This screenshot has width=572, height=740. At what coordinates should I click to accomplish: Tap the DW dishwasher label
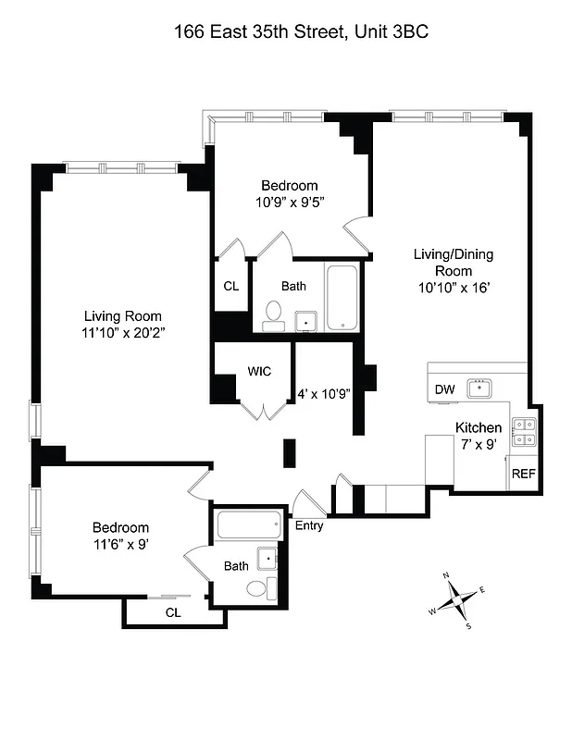point(444,389)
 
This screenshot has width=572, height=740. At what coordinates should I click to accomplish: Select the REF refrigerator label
point(523,474)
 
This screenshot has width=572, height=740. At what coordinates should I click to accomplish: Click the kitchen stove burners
point(523,433)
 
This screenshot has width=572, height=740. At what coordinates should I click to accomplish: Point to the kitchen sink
point(480,388)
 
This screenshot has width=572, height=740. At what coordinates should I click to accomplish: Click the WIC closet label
point(258,372)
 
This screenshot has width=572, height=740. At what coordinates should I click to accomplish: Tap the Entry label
point(309,525)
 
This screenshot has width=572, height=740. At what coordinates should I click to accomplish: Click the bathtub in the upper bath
point(341,297)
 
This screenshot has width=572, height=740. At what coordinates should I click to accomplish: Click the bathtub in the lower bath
point(248,528)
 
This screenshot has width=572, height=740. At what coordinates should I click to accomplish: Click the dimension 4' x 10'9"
point(322,394)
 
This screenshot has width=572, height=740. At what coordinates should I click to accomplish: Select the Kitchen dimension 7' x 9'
point(479,444)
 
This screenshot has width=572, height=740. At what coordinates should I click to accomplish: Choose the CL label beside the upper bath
point(230,286)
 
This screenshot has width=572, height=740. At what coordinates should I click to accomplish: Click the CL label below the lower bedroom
point(173,612)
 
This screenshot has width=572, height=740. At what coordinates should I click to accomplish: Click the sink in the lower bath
point(267,558)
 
